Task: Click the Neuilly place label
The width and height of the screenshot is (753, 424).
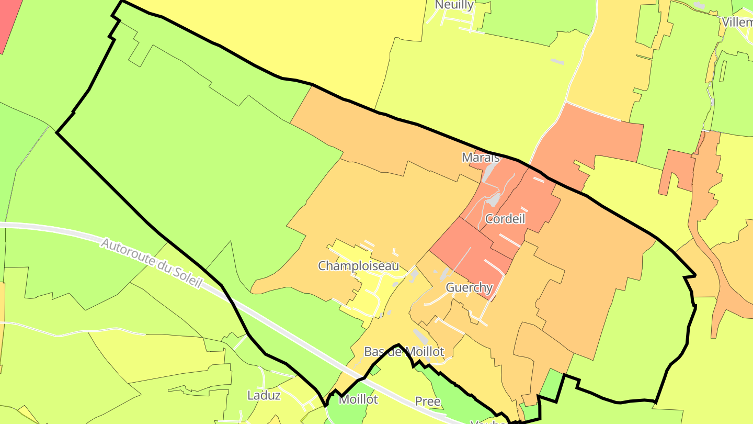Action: point(454,5)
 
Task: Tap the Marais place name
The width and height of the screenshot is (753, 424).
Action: point(480,157)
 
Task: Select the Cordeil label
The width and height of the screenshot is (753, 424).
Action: point(505,219)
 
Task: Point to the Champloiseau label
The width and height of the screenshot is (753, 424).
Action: point(358,266)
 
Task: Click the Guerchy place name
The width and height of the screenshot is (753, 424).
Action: point(469,287)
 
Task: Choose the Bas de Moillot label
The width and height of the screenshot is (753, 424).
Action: point(404,352)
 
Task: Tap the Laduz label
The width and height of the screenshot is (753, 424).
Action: point(264,395)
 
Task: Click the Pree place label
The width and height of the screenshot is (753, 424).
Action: point(427,402)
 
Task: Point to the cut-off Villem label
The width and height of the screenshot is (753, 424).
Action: point(737,23)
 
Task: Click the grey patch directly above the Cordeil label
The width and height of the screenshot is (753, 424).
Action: point(493,199)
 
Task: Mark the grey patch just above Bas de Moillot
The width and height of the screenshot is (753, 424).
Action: point(420,336)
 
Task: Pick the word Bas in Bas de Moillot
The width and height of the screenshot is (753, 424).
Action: point(374,352)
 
